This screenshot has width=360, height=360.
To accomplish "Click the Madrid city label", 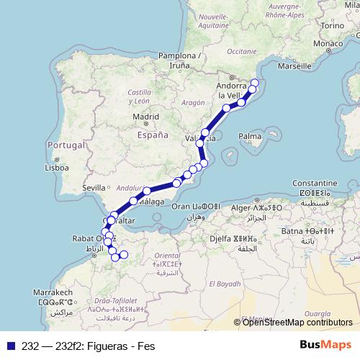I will (x=145, y=116).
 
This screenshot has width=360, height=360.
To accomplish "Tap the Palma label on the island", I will (x=250, y=135).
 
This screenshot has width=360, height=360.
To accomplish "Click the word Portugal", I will (x=66, y=145).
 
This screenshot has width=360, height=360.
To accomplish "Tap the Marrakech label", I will (x=51, y=293).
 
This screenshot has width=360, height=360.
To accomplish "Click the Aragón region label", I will (x=193, y=102).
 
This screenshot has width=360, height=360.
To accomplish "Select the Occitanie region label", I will (x=241, y=52).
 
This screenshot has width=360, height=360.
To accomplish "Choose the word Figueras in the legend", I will (x=97, y=344).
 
